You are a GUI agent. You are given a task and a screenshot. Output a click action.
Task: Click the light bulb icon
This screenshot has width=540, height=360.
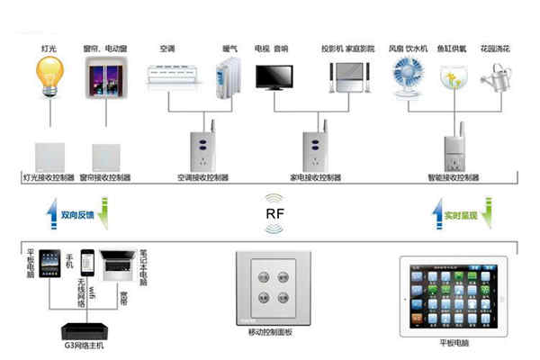click(x=47, y=77)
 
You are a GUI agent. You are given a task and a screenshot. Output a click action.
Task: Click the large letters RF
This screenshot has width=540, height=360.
click(x=276, y=215)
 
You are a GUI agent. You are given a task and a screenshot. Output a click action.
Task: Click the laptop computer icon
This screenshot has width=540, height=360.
click(x=117, y=265)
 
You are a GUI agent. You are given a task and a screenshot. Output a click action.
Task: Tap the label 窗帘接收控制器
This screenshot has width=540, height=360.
click(x=106, y=178)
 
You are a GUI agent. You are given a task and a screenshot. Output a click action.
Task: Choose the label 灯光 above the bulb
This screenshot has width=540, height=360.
click(x=49, y=47)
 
